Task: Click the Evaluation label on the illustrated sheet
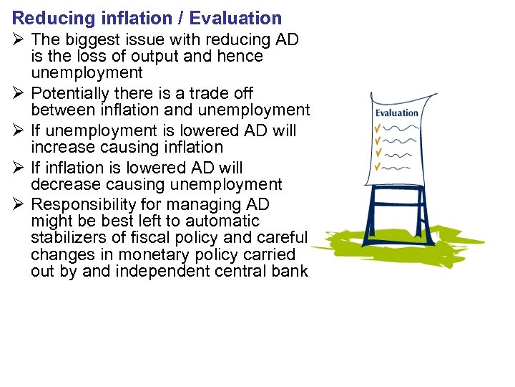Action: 396,113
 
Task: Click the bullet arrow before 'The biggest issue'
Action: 19,39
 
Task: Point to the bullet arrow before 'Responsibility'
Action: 19,205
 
